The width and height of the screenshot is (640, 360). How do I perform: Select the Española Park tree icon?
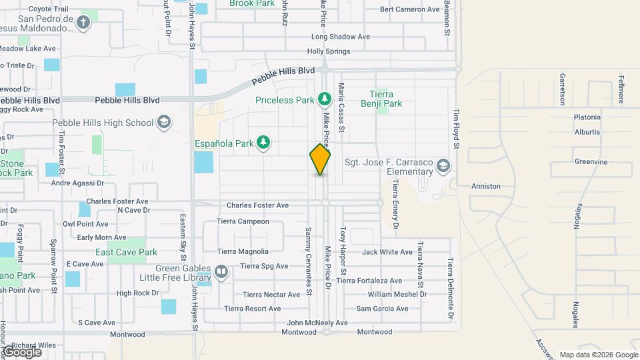(x=265, y=142)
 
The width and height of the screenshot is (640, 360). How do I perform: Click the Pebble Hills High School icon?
(x=164, y=123)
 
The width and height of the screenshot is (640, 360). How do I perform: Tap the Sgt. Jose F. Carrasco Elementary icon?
(x=442, y=165)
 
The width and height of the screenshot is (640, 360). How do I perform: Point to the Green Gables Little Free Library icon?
(x=221, y=271)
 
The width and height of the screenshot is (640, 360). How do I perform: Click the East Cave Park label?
(x=126, y=252)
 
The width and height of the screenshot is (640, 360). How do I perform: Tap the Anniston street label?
(x=486, y=186)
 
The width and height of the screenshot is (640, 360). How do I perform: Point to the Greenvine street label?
(x=591, y=161)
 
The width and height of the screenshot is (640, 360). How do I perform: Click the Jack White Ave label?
(x=387, y=252)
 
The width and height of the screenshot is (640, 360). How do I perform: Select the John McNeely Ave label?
(x=317, y=323)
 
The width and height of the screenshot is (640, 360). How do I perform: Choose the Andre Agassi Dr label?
(x=78, y=183)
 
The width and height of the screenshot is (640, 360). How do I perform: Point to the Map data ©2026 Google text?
(x=597, y=355)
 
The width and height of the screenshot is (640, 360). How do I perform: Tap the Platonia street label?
(x=587, y=117)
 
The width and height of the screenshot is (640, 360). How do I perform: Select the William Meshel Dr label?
(x=397, y=294)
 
